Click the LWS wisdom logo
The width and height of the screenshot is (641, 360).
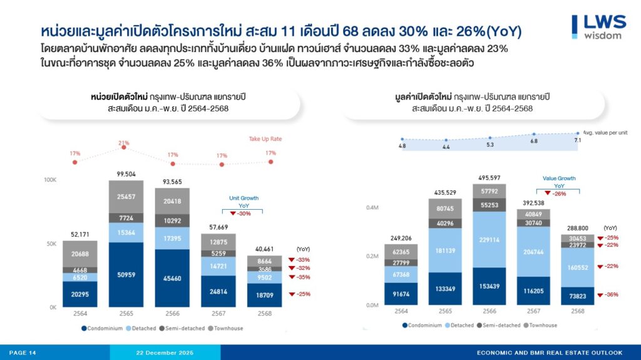(x=599, y=26)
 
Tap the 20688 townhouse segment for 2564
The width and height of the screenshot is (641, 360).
(x=79, y=253)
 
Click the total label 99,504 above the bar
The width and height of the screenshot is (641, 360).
(x=126, y=174)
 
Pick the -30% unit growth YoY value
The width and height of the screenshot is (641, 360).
(x=244, y=213)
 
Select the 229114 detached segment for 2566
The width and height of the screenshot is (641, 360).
(x=490, y=239)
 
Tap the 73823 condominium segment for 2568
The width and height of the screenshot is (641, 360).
(x=578, y=296)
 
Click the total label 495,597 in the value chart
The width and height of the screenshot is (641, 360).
(x=490, y=178)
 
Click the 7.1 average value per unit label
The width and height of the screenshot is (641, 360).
(x=577, y=140)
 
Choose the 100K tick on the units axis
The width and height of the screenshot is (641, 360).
(x=49, y=180)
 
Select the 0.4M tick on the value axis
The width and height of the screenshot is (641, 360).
(x=372, y=207)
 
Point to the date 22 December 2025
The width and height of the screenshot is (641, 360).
(x=165, y=353)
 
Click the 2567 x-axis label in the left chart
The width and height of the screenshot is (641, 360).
(x=218, y=313)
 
